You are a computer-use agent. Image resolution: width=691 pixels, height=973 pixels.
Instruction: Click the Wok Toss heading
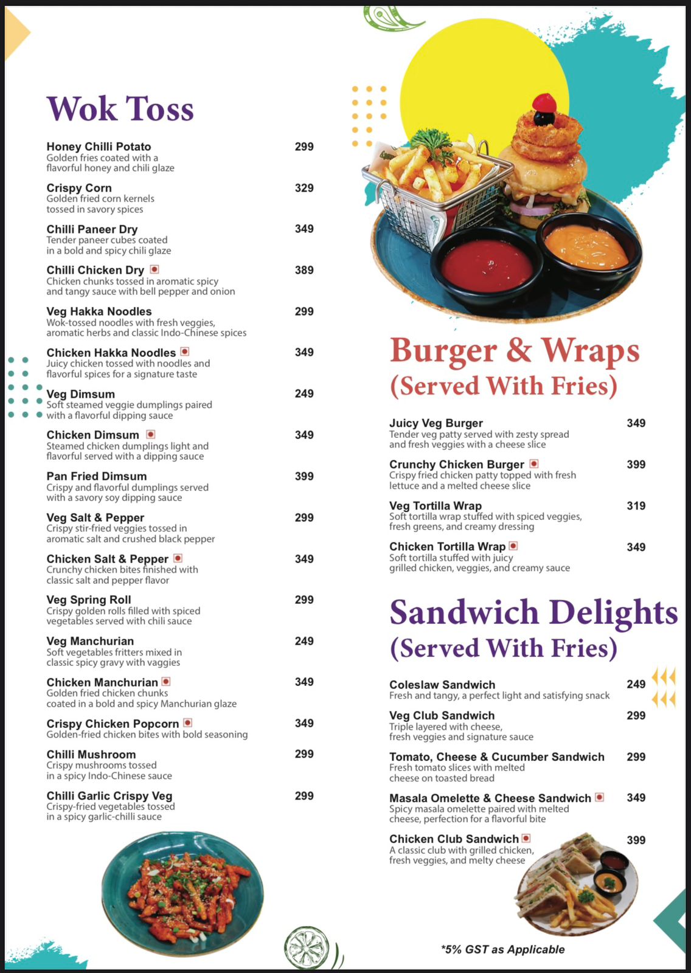120,109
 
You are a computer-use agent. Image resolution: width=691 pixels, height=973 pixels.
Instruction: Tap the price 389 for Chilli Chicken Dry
304,270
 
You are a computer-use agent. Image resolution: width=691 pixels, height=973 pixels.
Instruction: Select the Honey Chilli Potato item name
99,147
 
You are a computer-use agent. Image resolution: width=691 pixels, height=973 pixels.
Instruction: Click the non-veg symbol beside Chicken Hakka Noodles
185,351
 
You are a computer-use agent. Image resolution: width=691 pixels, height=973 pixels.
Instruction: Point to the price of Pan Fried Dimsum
304,476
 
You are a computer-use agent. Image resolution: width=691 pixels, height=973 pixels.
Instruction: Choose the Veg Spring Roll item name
89,600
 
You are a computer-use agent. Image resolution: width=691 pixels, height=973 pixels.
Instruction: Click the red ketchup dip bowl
487,265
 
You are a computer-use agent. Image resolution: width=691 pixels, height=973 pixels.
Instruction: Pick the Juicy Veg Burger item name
436,423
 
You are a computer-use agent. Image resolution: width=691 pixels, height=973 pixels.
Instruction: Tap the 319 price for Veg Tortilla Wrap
636,505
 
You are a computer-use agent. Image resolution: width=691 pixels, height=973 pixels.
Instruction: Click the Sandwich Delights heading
533,612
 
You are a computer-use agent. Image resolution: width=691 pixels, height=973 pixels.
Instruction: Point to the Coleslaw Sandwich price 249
636,684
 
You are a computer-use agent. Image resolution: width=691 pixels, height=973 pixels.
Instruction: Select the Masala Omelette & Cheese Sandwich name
490,798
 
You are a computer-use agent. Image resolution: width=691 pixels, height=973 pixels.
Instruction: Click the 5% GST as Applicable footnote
503,949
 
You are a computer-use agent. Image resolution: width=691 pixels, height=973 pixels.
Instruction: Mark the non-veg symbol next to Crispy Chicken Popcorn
188,722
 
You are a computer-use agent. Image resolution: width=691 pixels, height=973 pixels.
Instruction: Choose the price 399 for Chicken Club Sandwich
636,840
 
